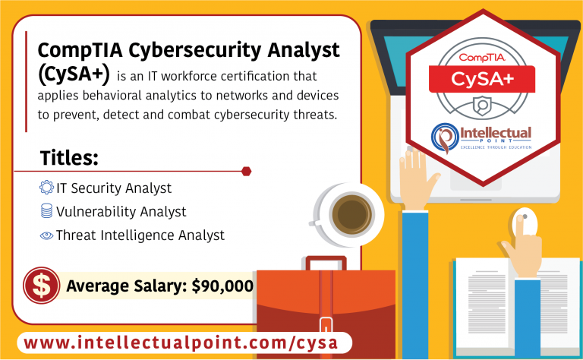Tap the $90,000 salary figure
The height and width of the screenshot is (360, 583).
tap(222, 286)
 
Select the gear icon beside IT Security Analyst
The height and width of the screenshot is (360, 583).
tap(46, 188)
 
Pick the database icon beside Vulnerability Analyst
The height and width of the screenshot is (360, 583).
tap(46, 211)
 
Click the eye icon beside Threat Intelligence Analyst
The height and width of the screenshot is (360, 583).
tap(46, 235)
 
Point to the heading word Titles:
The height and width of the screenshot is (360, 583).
tap(68, 158)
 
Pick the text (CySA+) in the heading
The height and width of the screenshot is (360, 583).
tap(74, 74)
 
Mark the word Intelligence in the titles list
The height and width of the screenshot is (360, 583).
tap(134, 235)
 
